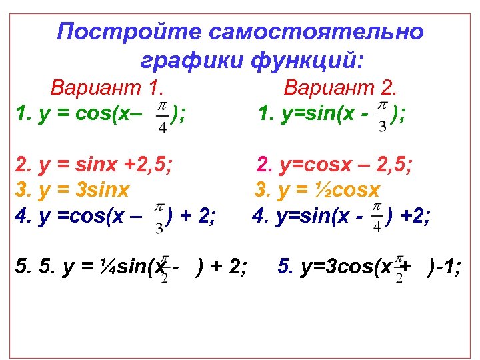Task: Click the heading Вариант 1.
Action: pos(107,87)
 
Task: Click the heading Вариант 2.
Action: pos(341,87)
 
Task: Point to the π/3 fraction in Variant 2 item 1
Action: pos(382,117)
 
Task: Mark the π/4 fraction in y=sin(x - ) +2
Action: pos(376,217)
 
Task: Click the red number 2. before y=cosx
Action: pos(265,163)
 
